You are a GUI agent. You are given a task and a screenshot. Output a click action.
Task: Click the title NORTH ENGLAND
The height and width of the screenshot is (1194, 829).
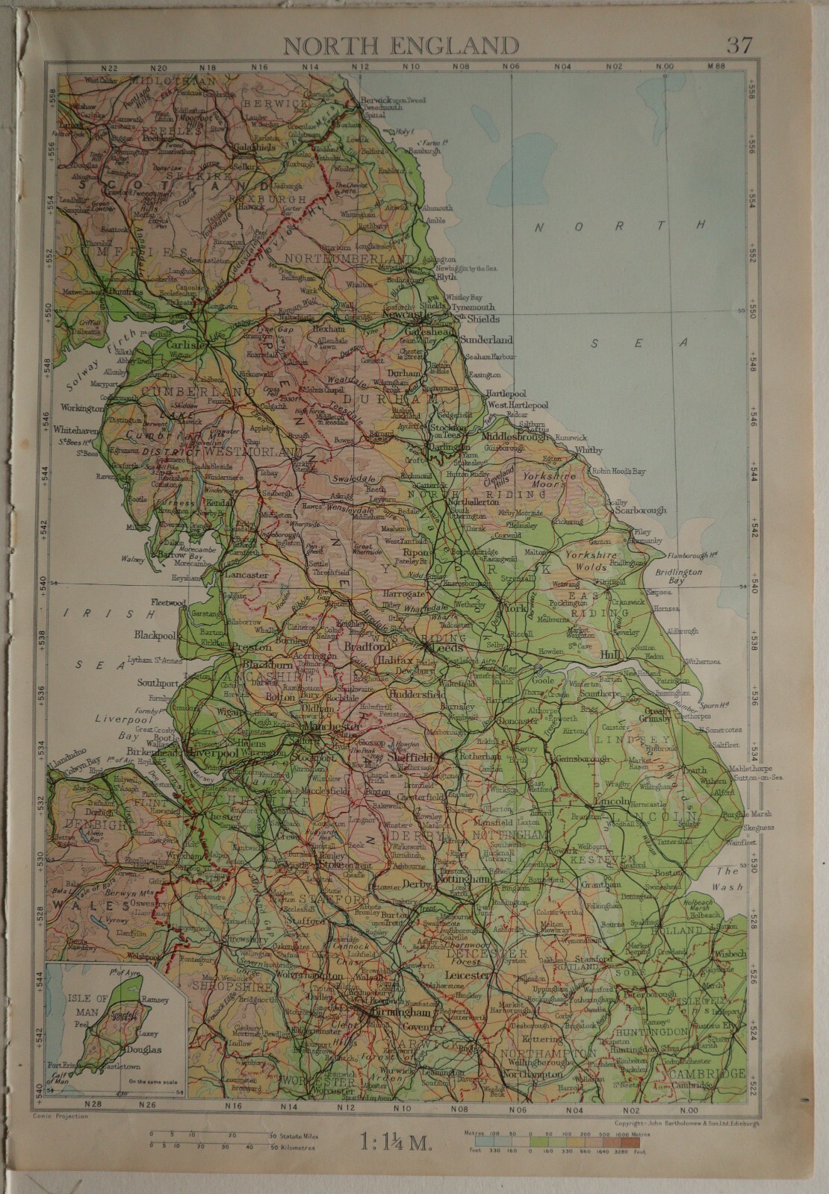400,46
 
